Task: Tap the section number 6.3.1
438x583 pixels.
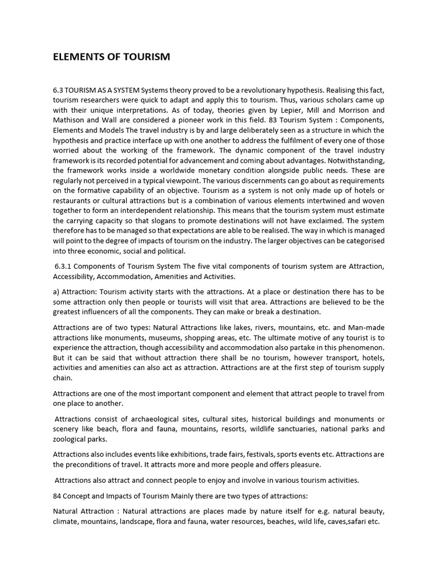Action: pos(65,267)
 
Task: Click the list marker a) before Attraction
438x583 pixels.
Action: pos(57,291)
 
